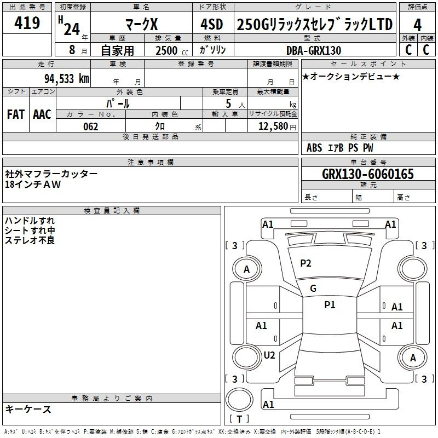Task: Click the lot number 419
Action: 27,22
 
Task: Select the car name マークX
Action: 142,24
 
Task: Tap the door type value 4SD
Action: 212,24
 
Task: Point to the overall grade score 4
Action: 417,25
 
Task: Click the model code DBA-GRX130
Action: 314,50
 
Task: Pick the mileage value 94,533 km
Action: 67,79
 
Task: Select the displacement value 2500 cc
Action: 172,50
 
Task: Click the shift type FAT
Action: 16,114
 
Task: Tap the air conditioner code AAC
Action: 42,114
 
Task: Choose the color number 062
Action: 91,126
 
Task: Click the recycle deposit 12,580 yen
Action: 277,126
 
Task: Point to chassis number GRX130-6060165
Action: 368,174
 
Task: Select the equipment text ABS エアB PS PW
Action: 339,148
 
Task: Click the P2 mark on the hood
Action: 306,263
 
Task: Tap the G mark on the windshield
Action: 313,289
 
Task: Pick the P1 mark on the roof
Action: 330,305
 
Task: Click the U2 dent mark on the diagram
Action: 269,355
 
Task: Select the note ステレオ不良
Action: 30,240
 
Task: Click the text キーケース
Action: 28,409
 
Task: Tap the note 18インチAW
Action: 33,185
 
